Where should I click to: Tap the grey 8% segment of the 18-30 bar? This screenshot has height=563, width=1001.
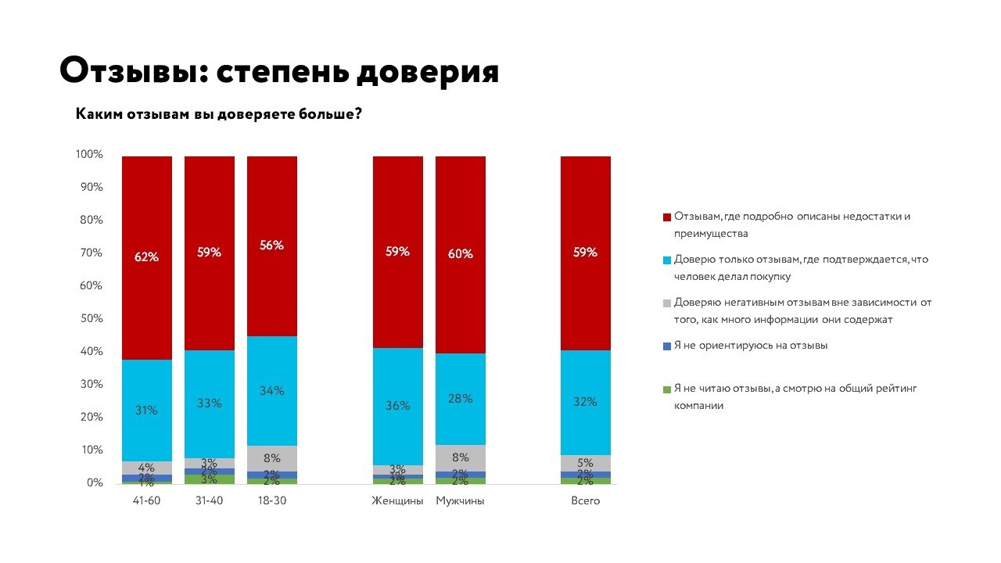271,459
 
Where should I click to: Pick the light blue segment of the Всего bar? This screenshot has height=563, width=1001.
585,402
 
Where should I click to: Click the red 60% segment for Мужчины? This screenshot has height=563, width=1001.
460,253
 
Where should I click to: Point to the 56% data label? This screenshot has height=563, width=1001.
272,245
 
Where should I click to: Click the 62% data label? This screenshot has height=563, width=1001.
147,256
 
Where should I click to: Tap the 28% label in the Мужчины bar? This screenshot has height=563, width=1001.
460,398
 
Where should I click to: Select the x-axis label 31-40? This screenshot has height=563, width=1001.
209,500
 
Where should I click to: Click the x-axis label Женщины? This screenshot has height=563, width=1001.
397,500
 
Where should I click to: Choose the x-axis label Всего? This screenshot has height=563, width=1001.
585,500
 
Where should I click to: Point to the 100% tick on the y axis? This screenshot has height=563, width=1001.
89,154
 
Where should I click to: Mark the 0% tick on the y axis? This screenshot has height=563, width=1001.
95,482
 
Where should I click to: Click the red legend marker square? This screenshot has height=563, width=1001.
666,217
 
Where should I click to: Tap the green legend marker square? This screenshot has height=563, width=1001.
666,389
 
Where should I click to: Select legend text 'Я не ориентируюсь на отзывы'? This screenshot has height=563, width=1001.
750,346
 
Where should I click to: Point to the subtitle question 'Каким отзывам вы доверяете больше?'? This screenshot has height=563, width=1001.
218,114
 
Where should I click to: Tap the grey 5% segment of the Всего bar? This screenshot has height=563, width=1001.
585,463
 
